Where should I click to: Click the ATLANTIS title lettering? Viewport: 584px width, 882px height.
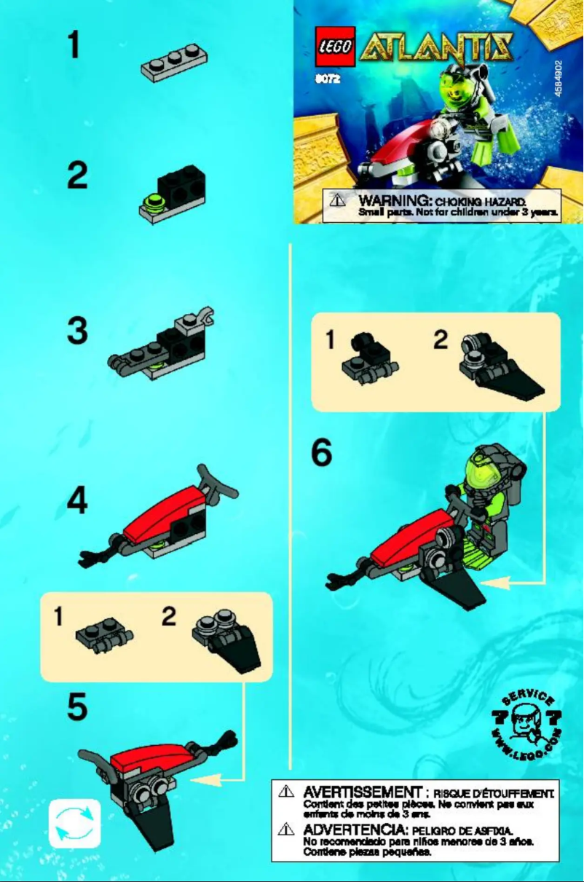click(x=438, y=49)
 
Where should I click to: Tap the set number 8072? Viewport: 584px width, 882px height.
click(x=328, y=80)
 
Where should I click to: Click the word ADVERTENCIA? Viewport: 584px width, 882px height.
click(x=356, y=830)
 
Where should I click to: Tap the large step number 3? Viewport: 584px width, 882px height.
click(x=77, y=332)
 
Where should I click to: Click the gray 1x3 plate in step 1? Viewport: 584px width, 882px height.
click(x=171, y=63)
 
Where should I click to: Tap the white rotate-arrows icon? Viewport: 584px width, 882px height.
click(x=74, y=823)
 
